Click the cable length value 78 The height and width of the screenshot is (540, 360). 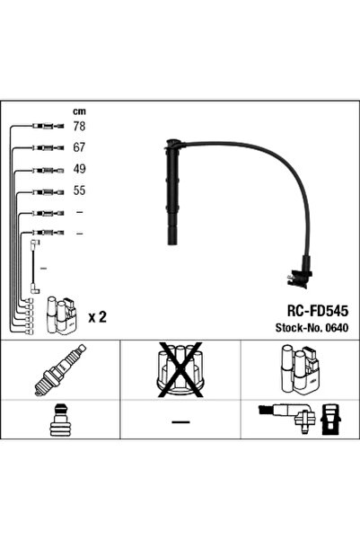[78, 127]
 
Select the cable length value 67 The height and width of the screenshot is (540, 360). [78, 148]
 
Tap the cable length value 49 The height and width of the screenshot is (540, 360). [78, 170]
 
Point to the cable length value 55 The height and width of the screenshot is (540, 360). [78, 191]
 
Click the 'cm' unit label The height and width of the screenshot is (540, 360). [78, 111]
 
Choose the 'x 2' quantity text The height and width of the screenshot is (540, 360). [97, 316]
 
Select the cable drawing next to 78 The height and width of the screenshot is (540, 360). [43, 127]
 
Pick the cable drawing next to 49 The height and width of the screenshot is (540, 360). [43, 170]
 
